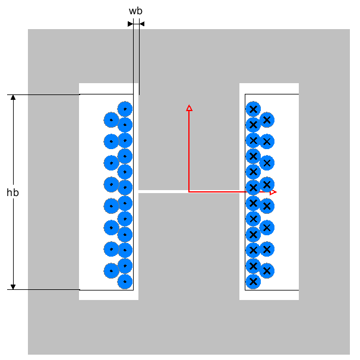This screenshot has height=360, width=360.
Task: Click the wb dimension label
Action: pyautogui.click(x=135, y=11)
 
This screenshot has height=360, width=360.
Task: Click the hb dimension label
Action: pyautogui.click(x=12, y=192)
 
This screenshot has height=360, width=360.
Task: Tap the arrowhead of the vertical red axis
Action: pyautogui.click(x=189, y=108)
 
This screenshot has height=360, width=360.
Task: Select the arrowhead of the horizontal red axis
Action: pyautogui.click(x=273, y=192)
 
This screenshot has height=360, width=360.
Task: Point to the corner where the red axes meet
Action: pyautogui.click(x=189, y=192)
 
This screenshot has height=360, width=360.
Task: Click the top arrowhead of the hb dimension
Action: pyautogui.click(x=13, y=97)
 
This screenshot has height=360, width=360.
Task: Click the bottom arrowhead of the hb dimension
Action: pyautogui.click(x=13, y=286)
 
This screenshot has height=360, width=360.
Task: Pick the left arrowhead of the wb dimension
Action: pyautogui.click(x=130, y=24)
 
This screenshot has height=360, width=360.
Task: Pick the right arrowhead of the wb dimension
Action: pyautogui.click(x=141, y=24)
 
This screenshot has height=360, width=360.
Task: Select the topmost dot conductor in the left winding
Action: pyautogui.click(x=125, y=109)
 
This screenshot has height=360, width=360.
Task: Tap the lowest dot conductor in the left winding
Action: pyautogui.click(x=125, y=281)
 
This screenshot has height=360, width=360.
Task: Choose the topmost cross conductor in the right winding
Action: pyautogui.click(x=253, y=109)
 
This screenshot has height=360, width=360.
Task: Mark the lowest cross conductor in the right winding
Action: pyautogui.click(x=253, y=281)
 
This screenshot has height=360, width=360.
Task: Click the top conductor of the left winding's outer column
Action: pyautogui.click(x=111, y=119)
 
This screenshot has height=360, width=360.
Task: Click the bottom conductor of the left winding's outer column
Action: pyautogui.click(x=111, y=270)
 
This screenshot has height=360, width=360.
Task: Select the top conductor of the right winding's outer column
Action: pyautogui.click(x=267, y=119)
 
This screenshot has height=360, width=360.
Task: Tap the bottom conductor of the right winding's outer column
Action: pyautogui.click(x=267, y=270)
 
